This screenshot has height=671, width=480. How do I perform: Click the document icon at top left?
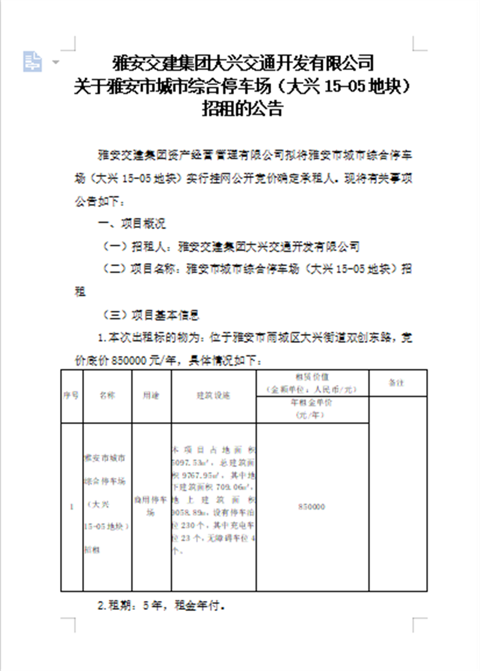(x=32, y=61)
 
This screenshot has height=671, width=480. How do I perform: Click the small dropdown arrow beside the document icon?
(x=56, y=62)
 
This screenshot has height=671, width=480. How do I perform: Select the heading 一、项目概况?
(x=132, y=224)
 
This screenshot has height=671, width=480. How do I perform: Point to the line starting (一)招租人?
(x=231, y=246)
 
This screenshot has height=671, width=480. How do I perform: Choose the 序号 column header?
(x=71, y=396)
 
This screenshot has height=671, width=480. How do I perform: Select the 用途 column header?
(x=151, y=396)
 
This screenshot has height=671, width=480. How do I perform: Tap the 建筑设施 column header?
(x=214, y=396)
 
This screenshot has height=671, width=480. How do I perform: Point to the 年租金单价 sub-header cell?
(x=311, y=408)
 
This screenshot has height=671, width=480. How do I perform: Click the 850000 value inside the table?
(x=311, y=507)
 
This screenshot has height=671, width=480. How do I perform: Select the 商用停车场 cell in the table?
(x=151, y=507)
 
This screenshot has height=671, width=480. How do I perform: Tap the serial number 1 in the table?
(x=71, y=507)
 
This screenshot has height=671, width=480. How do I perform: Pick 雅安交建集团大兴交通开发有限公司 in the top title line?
(x=244, y=62)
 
